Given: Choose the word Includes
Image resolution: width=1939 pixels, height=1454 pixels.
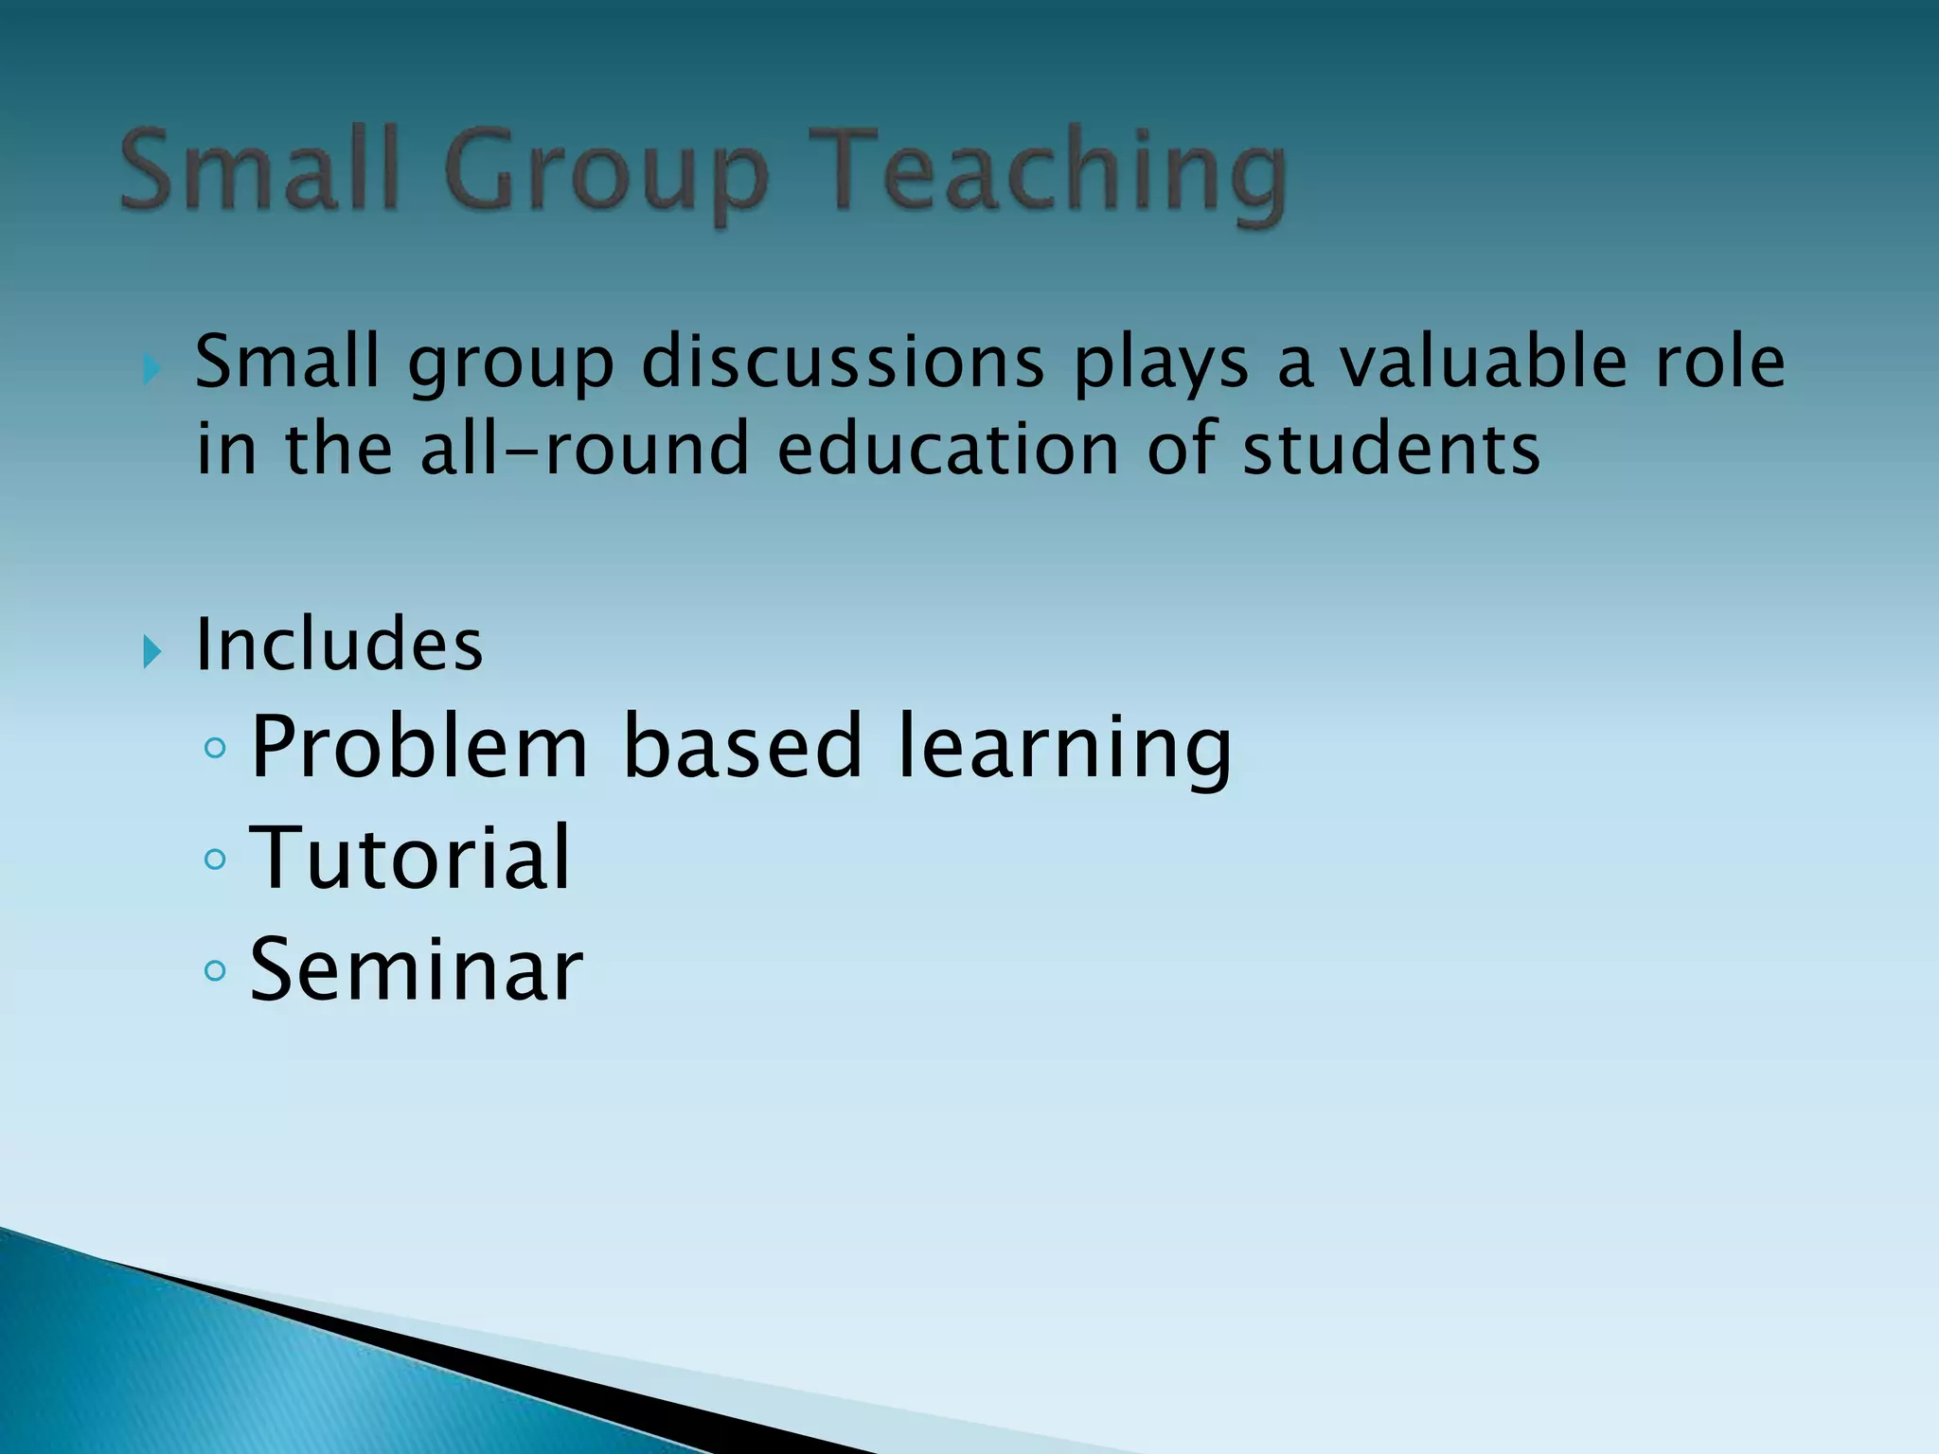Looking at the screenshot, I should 339,645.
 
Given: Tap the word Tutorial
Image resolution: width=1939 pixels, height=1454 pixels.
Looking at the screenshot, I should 410,858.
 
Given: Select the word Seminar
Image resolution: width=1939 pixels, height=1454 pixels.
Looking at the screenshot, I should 417,969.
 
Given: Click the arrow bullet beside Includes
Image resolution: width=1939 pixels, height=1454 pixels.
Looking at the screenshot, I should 151,652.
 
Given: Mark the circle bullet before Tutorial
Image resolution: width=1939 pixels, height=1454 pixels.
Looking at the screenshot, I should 215,860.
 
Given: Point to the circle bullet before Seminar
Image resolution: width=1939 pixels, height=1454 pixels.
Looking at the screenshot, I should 215,970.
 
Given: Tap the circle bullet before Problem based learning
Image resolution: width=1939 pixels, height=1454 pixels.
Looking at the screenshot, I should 215,749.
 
